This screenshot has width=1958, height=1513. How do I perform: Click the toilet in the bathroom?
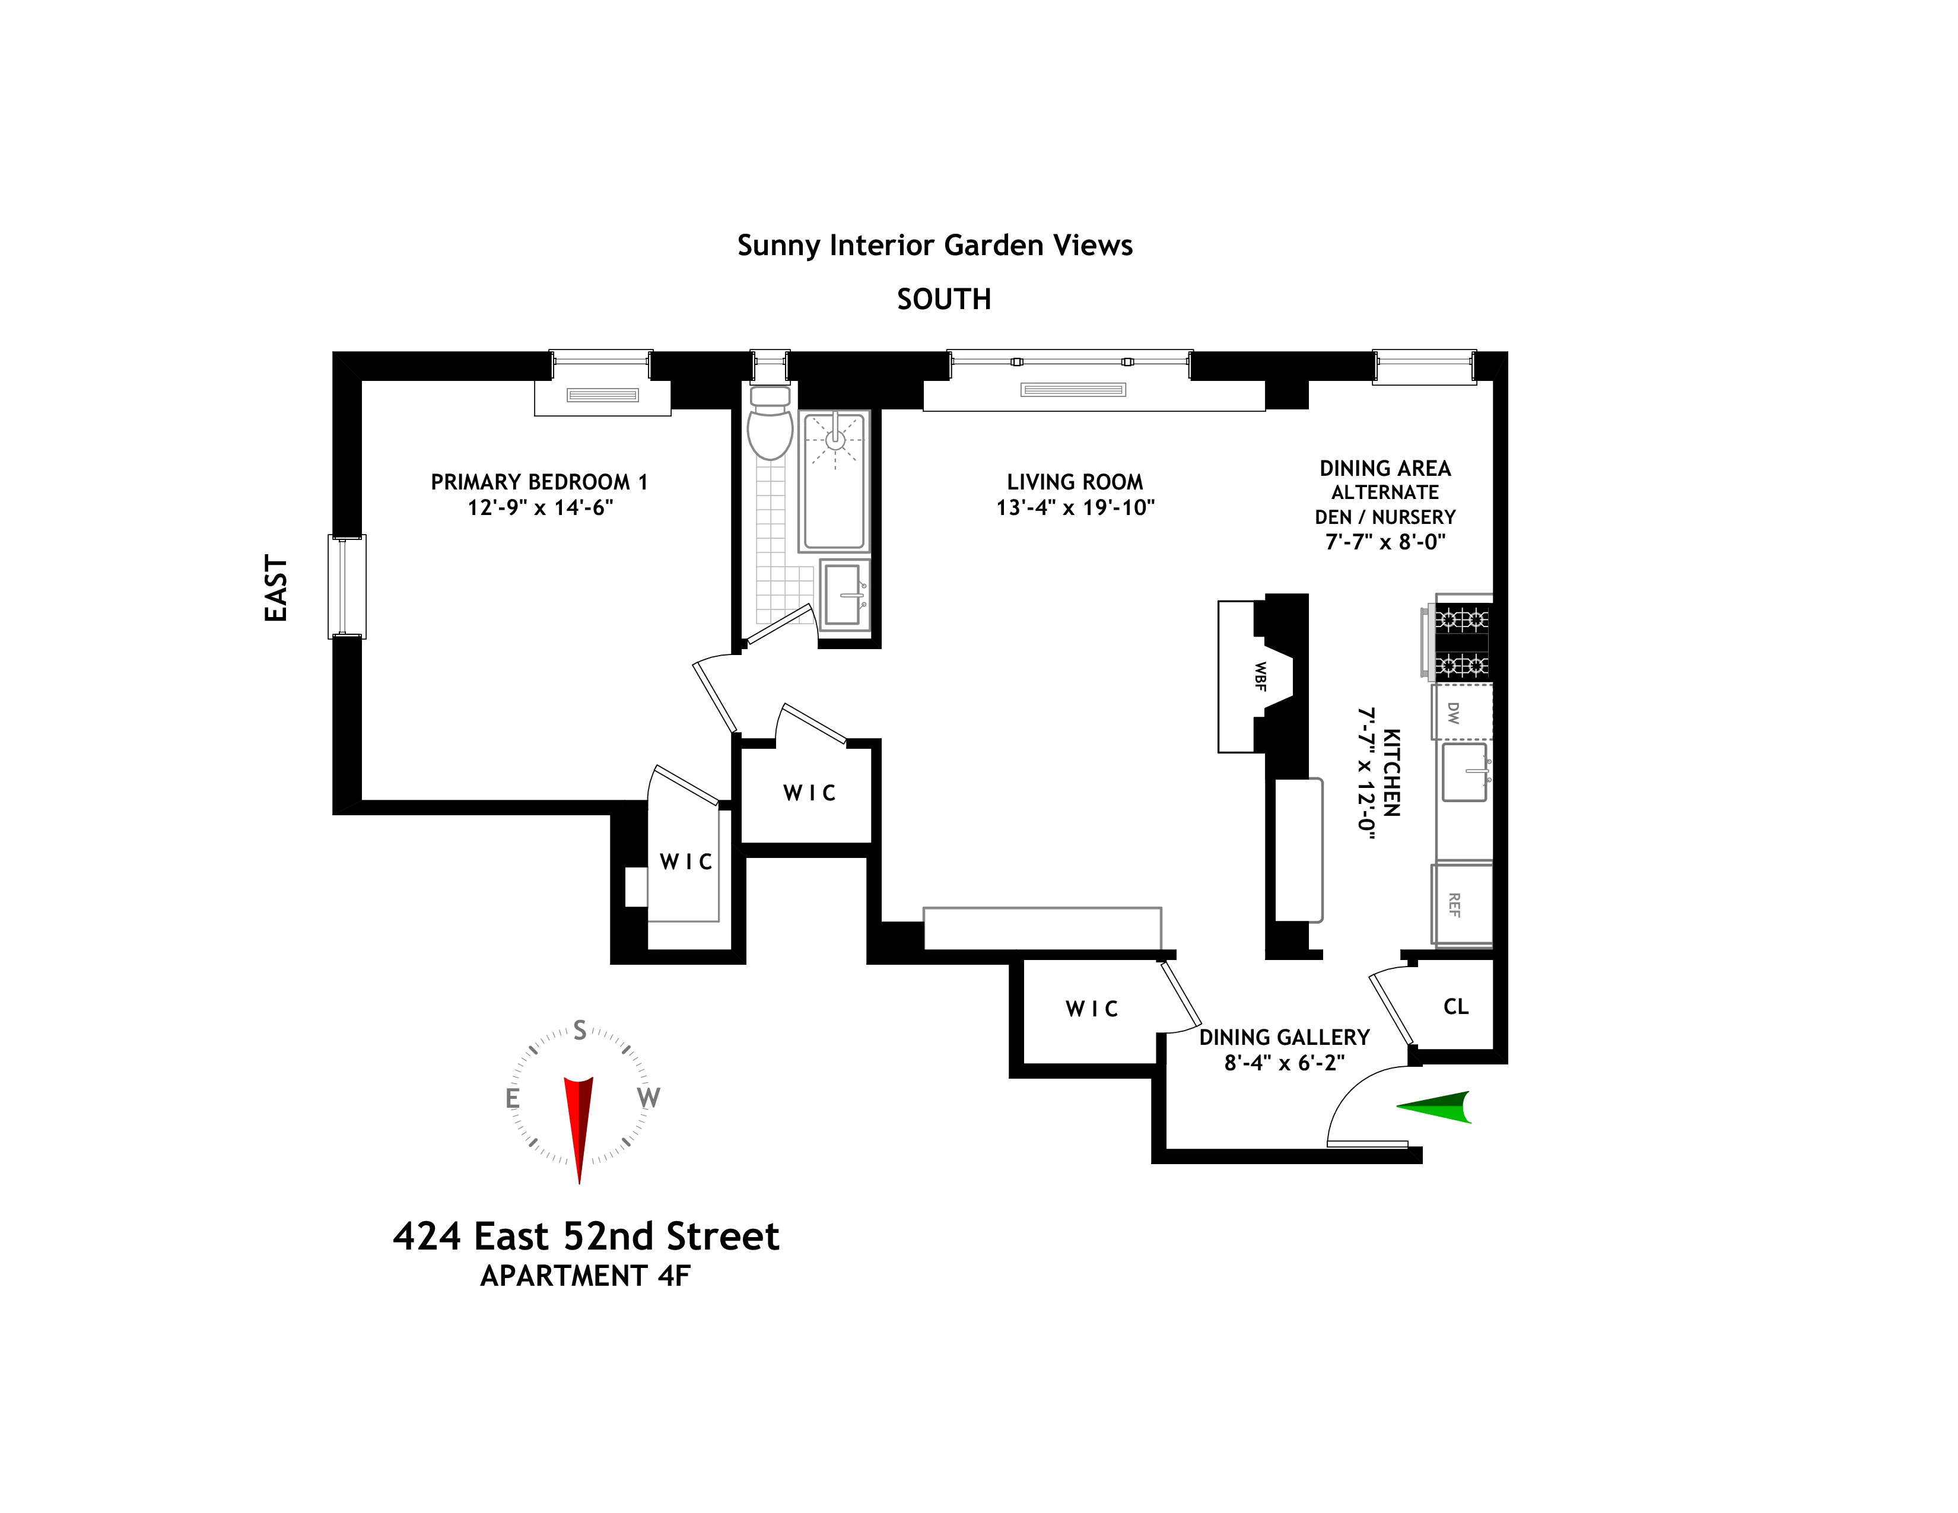tap(769, 428)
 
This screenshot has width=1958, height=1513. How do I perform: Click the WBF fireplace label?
tap(1260, 677)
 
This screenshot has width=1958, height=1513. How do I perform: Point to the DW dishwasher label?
tap(1453, 713)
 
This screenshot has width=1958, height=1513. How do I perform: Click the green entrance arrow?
tap(1436, 1108)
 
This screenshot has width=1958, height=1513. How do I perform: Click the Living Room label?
tap(1074, 482)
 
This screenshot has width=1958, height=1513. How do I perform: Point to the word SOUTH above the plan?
tap(943, 300)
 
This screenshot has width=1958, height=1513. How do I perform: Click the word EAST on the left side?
tap(276, 588)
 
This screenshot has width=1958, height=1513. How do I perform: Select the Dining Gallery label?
tap(1284, 1038)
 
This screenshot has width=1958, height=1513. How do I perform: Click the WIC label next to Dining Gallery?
tap(1091, 1009)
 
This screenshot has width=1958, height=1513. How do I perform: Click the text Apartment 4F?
tap(586, 1276)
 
